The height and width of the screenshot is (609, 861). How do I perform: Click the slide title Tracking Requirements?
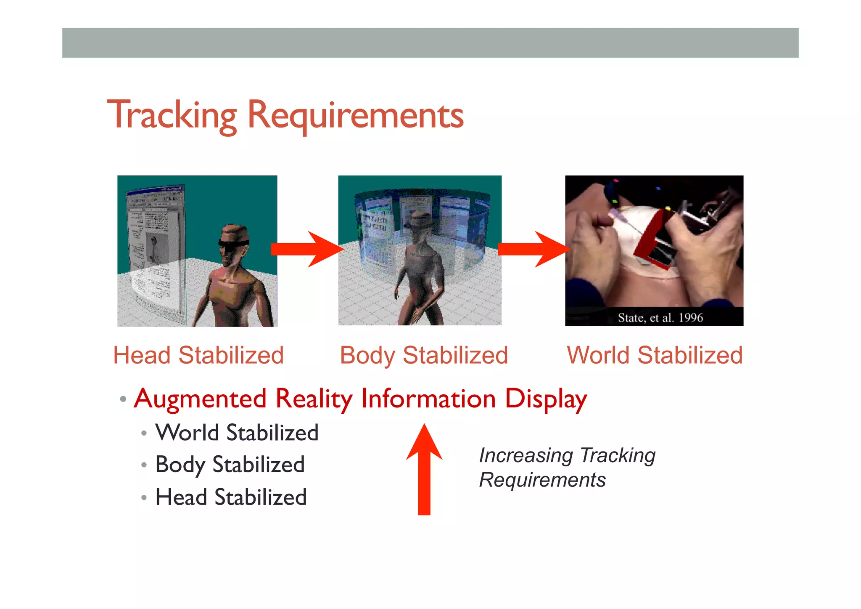[285, 115]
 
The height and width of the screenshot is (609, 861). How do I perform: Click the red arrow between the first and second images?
[307, 249]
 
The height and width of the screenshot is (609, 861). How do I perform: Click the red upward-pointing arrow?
[424, 469]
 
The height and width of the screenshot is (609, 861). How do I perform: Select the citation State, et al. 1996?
[660, 318]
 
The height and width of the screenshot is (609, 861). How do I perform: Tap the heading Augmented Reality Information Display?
[360, 399]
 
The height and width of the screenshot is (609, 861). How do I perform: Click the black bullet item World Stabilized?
[237, 433]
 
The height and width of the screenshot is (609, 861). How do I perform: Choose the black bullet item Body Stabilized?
[230, 465]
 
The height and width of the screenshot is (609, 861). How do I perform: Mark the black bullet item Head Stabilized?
[231, 497]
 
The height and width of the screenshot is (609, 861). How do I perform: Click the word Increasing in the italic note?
[526, 455]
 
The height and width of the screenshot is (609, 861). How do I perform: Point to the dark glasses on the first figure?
[233, 243]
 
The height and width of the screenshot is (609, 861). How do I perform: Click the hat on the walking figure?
[419, 220]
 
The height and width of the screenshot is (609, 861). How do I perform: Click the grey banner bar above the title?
[430, 43]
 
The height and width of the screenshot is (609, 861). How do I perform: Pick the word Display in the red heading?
[546, 399]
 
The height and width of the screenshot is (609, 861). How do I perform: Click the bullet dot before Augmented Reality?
[123, 399]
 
